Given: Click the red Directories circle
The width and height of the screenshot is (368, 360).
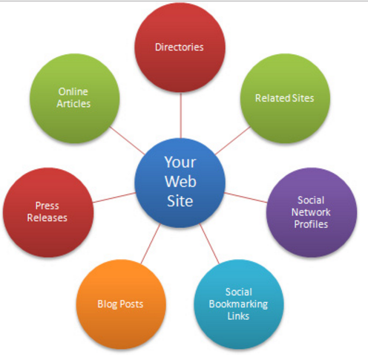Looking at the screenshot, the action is coord(180,48).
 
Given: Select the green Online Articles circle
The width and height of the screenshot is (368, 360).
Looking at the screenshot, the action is coord(75,98).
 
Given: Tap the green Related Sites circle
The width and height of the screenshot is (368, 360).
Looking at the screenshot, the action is coord(285,98).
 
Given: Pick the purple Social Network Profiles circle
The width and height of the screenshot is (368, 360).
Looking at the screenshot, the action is coord(312,212).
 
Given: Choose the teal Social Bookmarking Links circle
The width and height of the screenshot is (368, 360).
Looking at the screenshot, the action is coord(239,304).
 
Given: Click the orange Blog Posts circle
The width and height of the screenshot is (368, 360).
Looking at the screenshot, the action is coord(121,304).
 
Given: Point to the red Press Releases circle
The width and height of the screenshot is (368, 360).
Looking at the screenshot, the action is coord(48,212).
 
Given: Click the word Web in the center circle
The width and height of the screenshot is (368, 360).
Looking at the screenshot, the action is coord(180,181).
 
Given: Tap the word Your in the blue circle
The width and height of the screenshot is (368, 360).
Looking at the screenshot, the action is coord(180,163).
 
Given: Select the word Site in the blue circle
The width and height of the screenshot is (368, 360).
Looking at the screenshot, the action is coord(180,200).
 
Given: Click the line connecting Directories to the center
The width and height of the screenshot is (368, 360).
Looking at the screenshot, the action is coord(181,115).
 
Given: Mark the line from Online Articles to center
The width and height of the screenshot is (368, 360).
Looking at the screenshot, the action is coord(127,140).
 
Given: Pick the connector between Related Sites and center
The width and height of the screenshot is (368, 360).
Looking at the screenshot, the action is coord(233,140).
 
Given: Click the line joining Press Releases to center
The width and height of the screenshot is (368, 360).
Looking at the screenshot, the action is coord(114,197).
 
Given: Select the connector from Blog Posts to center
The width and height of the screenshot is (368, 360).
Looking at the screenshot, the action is coord(151,243).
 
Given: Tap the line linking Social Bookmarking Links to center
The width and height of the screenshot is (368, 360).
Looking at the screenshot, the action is coord(209,243).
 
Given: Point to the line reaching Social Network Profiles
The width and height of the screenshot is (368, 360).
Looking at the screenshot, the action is coord(246,197).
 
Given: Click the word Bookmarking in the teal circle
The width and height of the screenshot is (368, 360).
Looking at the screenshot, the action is coord(238,304).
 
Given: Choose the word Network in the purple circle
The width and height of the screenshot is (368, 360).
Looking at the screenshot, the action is coord(311,212).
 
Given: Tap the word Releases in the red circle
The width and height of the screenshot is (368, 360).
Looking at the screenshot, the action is coord(47,217).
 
